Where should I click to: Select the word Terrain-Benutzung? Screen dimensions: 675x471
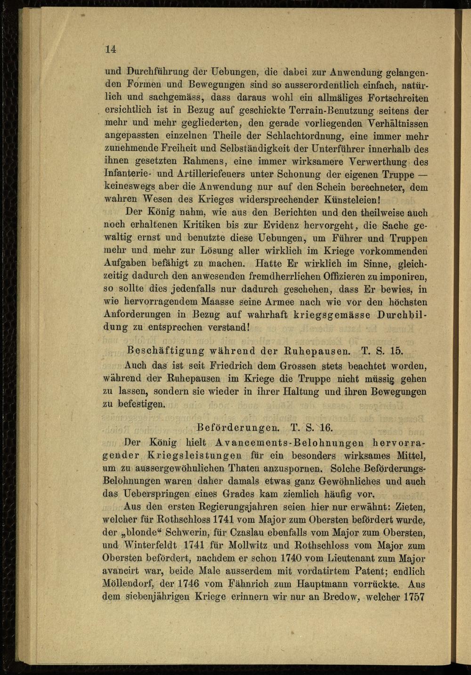tap(326, 111)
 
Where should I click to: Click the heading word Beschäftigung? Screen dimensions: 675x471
tap(159, 351)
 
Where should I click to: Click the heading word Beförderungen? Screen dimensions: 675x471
tap(238, 428)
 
